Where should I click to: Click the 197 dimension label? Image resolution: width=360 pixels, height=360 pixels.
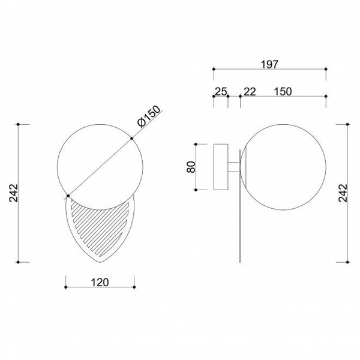tap(269, 65)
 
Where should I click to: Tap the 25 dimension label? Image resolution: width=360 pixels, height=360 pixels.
tap(221, 92)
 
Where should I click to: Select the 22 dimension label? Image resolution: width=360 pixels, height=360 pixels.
tap(250, 92)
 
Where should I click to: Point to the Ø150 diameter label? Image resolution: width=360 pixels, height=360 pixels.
tap(149, 116)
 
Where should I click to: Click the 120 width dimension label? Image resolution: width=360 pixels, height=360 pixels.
tap(100, 283)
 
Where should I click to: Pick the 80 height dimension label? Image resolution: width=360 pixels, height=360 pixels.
tap(191, 167)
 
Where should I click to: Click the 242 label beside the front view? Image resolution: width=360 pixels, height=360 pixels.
tap(14, 193)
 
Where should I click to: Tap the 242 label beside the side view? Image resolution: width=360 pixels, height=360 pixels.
tap(343, 193)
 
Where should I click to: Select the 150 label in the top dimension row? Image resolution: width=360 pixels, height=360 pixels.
tap(283, 92)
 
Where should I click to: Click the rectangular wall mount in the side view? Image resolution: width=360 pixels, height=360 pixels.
tap(221, 167)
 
